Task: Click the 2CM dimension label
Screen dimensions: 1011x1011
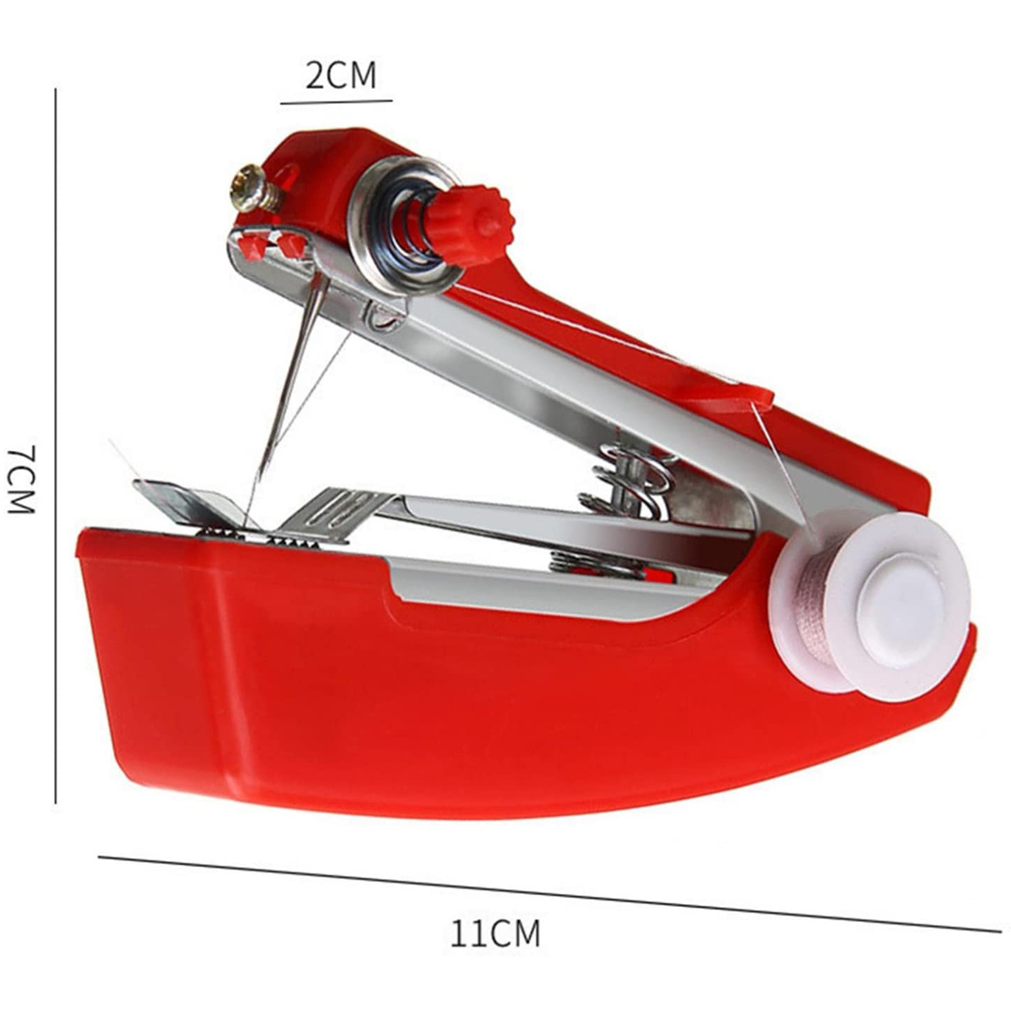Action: coord(341,76)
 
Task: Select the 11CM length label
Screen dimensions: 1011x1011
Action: coord(494,933)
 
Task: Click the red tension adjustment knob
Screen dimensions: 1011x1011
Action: coord(469,225)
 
